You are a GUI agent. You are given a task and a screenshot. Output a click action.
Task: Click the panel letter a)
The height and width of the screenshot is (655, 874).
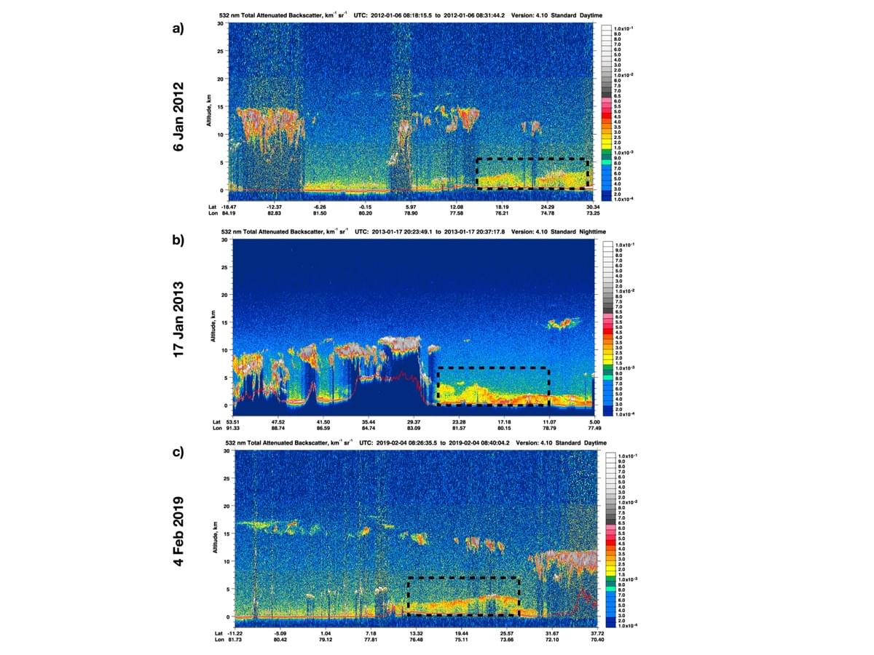tap(178, 29)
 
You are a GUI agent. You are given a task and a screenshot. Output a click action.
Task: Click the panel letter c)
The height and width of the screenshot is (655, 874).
tap(178, 451)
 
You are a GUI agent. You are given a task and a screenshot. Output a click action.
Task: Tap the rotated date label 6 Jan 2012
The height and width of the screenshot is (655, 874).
tap(178, 116)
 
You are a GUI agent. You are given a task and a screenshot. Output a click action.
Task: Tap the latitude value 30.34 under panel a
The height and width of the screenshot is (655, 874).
tap(594, 207)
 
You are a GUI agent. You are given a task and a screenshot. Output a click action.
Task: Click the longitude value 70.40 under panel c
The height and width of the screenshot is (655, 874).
tap(597, 639)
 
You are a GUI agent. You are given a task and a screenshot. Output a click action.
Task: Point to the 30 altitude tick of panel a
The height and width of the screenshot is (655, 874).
tap(221, 24)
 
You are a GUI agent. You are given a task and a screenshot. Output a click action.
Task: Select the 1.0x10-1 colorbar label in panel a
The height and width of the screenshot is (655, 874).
tap(623, 28)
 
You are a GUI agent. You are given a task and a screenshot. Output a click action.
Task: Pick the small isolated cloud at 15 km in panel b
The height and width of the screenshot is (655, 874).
tap(562, 322)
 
